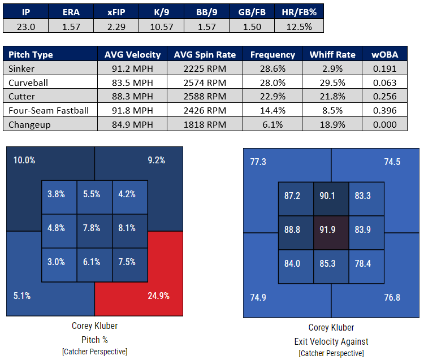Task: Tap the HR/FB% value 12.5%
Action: coord(298,26)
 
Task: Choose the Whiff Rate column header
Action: coord(332,55)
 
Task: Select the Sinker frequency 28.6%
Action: coord(272,68)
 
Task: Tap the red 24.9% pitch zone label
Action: coord(157,295)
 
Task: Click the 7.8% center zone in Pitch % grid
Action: coord(94,228)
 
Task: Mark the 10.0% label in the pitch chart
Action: coord(24,160)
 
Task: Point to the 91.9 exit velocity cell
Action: coord(331,230)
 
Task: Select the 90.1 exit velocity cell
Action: coord(331,196)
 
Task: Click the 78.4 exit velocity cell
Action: coord(366,264)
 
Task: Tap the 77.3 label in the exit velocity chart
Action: coord(258,162)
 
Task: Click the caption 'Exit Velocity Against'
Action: coord(331,341)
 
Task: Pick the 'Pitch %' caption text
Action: coord(94,340)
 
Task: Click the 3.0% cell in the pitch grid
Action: coord(59,262)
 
